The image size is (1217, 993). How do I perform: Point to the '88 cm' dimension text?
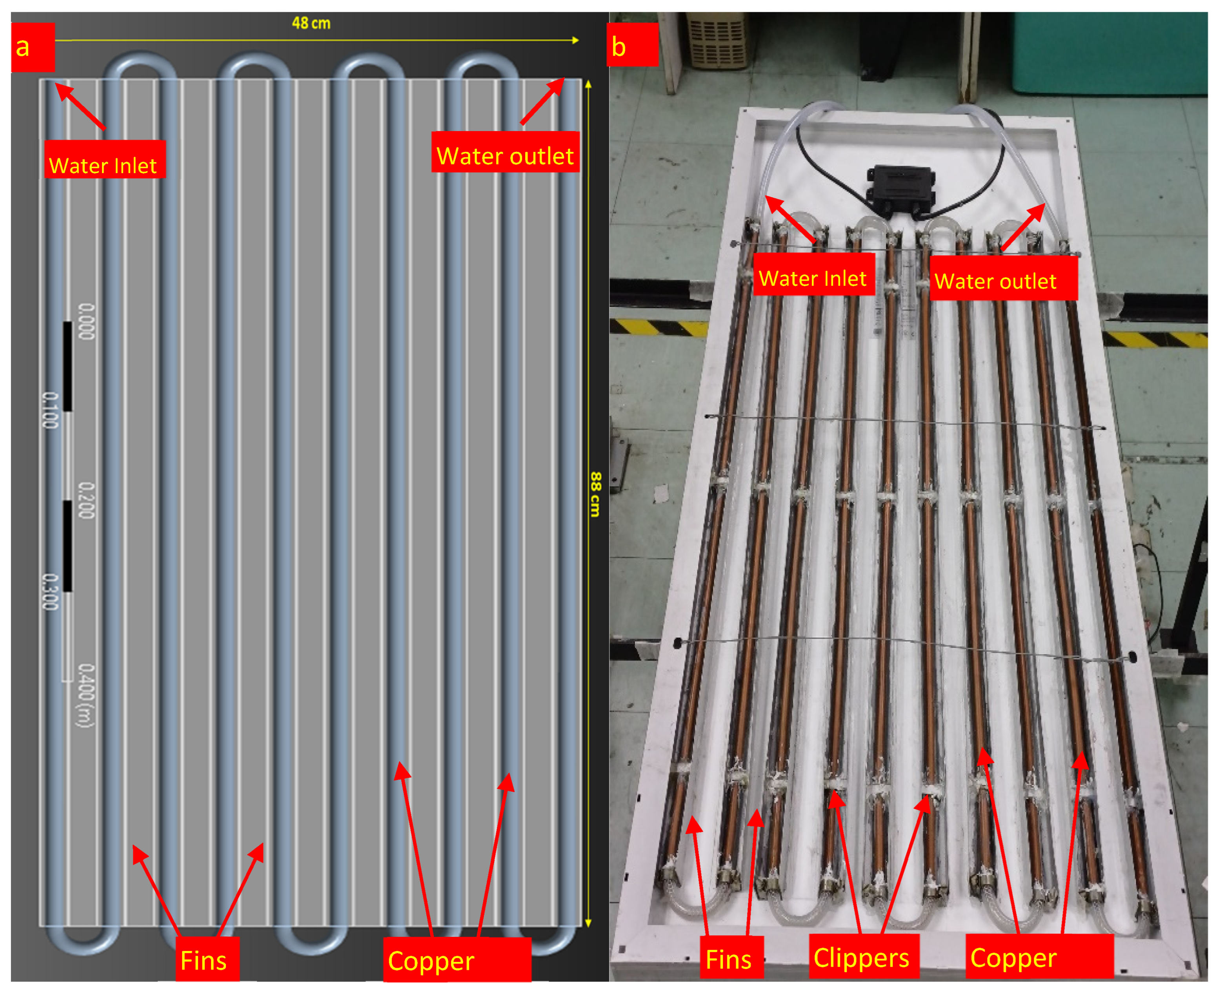tap(595, 494)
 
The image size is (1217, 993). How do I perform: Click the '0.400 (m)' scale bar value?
tap(85, 695)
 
